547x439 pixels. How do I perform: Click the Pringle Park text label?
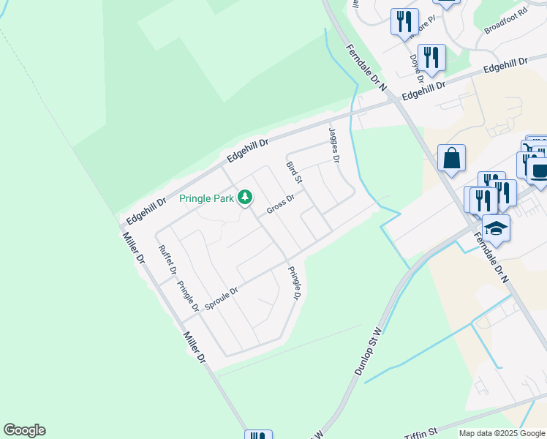tap(207, 198)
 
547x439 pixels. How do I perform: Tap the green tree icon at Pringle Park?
tap(246, 197)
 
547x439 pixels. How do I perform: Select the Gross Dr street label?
tap(280, 204)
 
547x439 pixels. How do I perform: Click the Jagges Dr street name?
tap(335, 144)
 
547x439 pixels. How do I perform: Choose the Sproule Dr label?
tap(222, 299)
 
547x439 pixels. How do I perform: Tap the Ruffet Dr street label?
tap(167, 259)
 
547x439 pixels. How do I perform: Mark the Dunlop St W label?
tap(369, 352)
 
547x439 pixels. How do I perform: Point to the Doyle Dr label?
tap(417, 67)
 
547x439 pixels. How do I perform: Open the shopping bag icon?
tap(452, 157)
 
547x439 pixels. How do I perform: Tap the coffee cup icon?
tap(540, 171)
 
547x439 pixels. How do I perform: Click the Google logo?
tap(24, 430)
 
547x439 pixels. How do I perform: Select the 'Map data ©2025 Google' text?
tap(502, 433)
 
